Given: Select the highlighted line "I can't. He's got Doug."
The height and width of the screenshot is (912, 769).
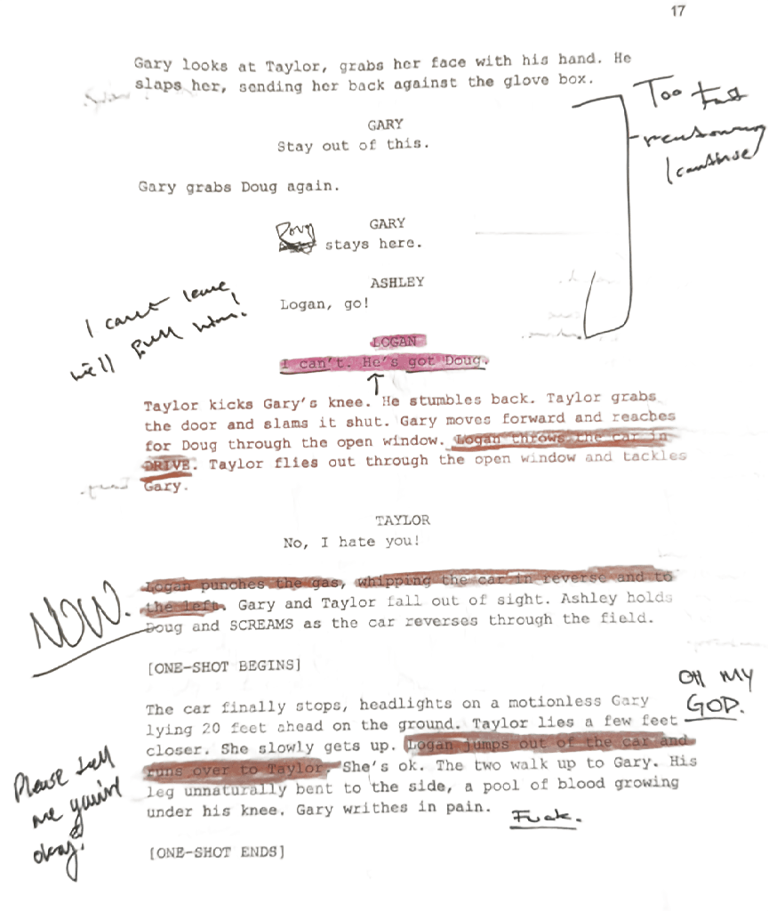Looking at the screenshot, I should pos(383,363).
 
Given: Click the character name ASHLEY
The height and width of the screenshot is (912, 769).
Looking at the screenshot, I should pos(397,283).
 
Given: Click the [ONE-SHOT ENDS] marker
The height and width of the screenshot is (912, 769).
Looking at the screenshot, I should pos(217,853).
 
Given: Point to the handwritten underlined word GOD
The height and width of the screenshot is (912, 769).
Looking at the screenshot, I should pos(711,706).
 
